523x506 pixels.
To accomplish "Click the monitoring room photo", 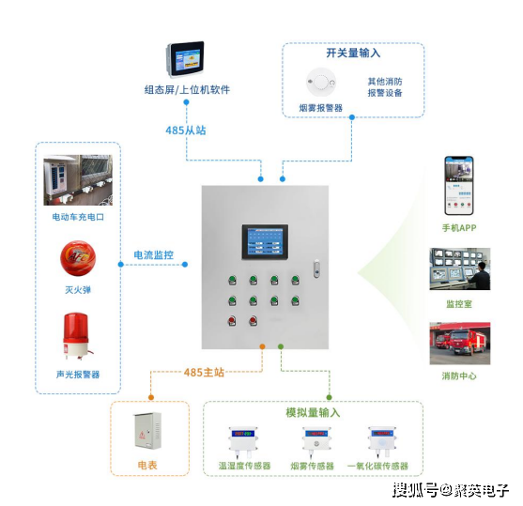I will click(459, 271).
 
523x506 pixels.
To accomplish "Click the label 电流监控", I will click(152, 254).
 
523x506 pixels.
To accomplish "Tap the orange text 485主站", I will click(205, 373).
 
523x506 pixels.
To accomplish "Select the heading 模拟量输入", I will click(313, 412).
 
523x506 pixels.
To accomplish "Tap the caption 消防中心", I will click(459, 376).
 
